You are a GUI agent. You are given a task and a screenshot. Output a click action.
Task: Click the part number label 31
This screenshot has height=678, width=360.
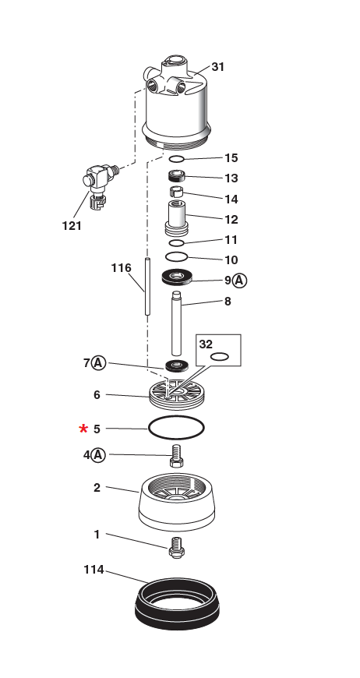coord(217,67)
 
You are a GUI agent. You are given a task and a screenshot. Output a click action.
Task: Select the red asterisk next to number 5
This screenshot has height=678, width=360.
coord(83,429)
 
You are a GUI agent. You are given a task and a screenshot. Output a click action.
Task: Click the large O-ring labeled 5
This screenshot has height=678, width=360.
coord(176,428)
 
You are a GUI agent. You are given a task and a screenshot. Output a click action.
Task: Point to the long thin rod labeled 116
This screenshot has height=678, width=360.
coord(146,287)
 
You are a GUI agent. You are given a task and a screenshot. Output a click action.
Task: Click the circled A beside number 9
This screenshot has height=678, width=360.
coord(240,280)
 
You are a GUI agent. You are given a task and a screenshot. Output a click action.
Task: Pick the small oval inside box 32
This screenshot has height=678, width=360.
coord(220,357)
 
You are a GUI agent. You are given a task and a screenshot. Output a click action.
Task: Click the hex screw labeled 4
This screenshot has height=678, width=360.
coord(176,454)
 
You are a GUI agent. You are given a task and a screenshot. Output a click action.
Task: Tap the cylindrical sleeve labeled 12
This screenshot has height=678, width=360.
coord(176,216)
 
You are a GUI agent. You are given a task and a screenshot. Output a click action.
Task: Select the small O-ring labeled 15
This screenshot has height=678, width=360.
coord(177,159)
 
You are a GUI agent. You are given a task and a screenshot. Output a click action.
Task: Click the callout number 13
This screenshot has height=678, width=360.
coord(231,178)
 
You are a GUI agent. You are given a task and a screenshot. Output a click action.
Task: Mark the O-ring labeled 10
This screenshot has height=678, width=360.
coord(177,256)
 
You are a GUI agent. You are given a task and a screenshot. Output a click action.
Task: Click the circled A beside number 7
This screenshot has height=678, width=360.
coord(98,362)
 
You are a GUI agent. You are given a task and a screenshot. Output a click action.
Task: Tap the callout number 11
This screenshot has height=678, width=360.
coord(231,240)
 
